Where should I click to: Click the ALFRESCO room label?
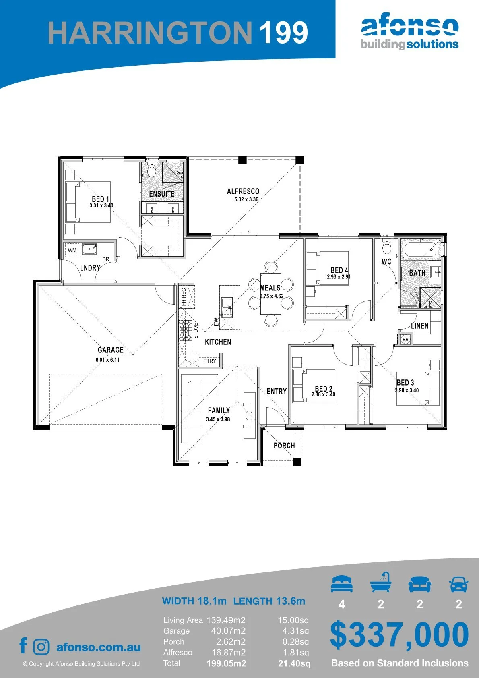coord(243,191)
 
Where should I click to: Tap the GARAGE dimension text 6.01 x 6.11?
coord(107,360)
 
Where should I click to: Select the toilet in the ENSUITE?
coord(151,171)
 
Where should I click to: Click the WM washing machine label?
coord(72,250)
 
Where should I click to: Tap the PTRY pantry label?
coord(210,361)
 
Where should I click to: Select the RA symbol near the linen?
coord(405,340)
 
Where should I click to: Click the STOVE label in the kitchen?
coord(196,330)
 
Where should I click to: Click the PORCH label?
coord(284,446)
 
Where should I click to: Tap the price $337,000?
coord(399,634)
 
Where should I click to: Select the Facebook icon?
coord(23,645)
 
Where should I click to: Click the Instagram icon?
coord(41,647)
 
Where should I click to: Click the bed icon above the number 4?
coord(342,584)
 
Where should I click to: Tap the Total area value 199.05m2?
coord(226,664)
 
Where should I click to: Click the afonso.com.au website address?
coord(99,647)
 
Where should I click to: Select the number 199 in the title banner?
coord(283,32)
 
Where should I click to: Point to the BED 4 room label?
coord(339,270)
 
